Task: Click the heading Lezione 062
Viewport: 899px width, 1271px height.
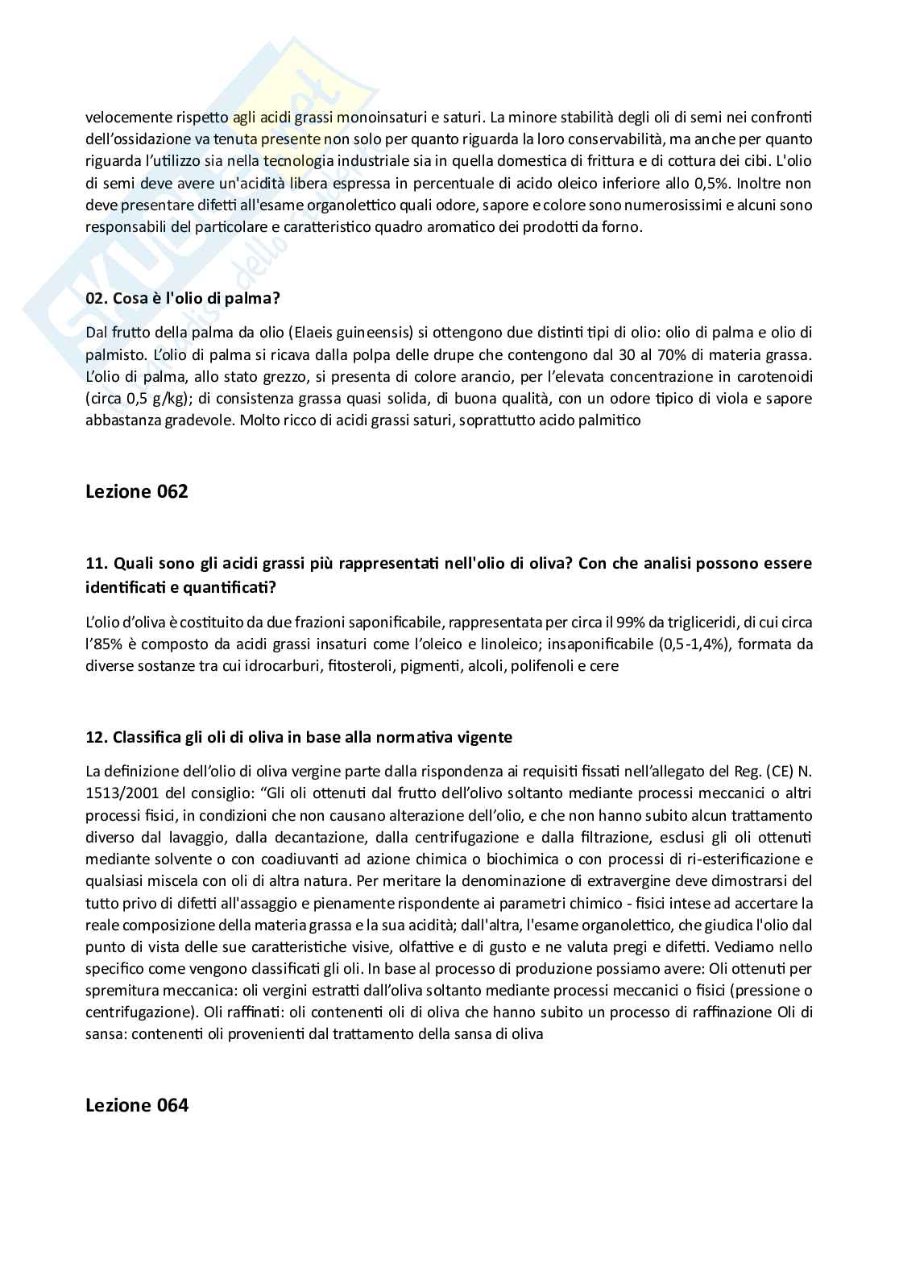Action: (136, 491)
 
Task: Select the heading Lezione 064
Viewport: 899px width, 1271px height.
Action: (136, 1105)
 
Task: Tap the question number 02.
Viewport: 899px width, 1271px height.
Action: (96, 298)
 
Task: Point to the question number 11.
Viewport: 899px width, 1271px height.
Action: (96, 562)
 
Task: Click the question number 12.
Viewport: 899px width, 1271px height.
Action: (96, 737)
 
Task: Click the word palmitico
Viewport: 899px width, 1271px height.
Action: (611, 420)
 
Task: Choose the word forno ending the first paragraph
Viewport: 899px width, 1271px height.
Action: (623, 226)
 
